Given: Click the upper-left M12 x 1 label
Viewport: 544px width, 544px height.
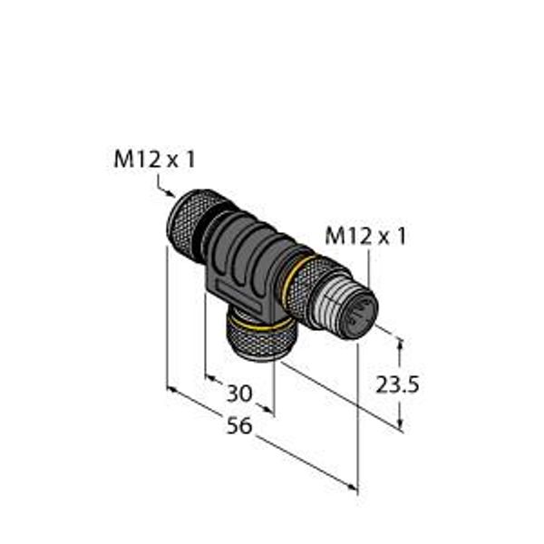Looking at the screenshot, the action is click(x=155, y=160).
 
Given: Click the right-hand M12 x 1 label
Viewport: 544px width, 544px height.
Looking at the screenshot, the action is click(x=365, y=237).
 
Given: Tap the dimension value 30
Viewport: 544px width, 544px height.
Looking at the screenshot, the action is click(x=239, y=393).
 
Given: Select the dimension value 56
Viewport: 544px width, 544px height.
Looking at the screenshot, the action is click(x=239, y=426).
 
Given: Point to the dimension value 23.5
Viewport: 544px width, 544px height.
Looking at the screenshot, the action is click(x=398, y=384).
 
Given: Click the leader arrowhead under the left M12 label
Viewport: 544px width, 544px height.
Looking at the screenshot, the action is click(x=171, y=194).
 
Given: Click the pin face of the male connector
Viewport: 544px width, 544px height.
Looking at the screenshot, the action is click(x=361, y=314).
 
